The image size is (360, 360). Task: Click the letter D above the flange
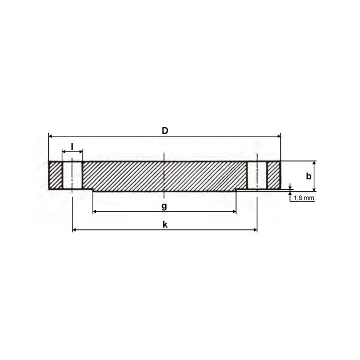click(x=165, y=131)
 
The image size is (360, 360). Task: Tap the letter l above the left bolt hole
click(x=73, y=146)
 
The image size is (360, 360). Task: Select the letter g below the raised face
click(x=164, y=206)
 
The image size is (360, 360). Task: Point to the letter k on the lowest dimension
click(x=165, y=225)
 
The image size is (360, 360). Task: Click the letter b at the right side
click(x=309, y=176)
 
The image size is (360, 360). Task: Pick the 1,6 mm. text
click(x=304, y=197)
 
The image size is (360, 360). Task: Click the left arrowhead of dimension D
click(x=50, y=136)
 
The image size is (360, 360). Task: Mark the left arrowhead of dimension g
click(x=95, y=211)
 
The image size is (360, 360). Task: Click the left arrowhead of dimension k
click(x=75, y=230)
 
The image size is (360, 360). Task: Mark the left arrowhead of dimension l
click(x=64, y=152)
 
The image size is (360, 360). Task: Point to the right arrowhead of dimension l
click(x=81, y=152)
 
